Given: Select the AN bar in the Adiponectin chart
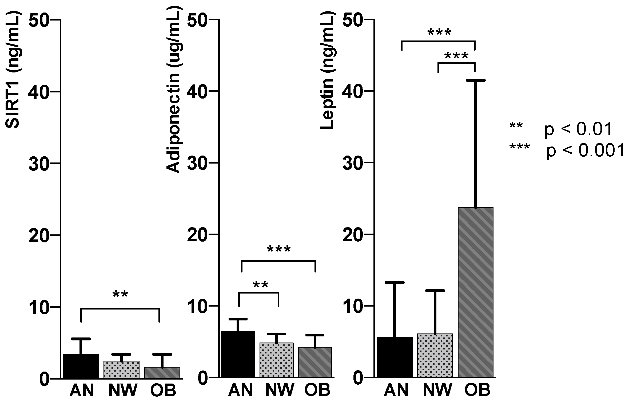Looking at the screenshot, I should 238,354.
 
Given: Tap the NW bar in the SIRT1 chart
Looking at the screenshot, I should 122,369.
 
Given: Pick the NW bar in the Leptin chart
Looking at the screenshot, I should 435,355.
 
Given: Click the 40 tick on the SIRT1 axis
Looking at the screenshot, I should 40,92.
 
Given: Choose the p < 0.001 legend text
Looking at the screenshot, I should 584,151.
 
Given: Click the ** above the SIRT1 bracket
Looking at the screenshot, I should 120,295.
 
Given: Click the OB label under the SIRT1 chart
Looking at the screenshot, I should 163,391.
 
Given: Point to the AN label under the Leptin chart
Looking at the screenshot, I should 396,391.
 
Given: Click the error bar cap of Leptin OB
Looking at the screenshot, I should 475,80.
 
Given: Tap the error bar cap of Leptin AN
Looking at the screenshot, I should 395,282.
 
